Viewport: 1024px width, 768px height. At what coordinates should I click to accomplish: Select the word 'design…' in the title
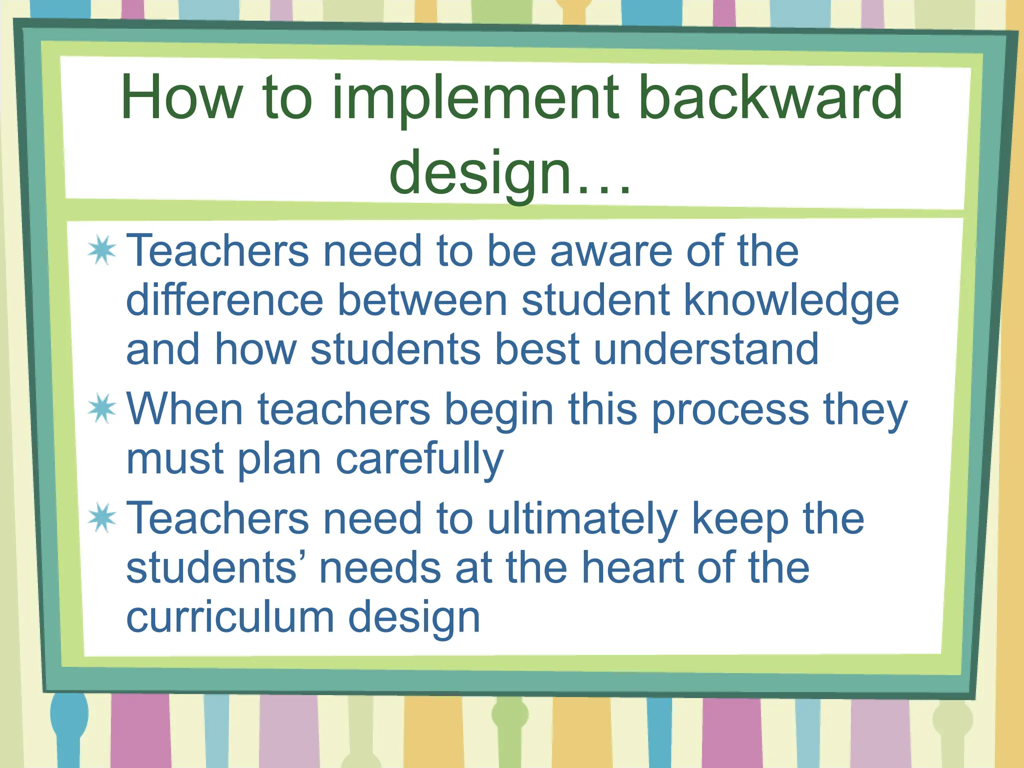pyautogui.click(x=510, y=172)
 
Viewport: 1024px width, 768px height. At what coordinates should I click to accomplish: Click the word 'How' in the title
pyautogui.click(x=181, y=97)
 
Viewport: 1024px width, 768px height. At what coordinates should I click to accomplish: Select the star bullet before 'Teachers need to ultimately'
pyautogui.click(x=102, y=517)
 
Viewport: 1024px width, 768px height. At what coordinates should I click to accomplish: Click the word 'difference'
pyautogui.click(x=225, y=300)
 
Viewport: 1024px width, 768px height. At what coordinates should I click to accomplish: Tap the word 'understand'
pyautogui.click(x=706, y=349)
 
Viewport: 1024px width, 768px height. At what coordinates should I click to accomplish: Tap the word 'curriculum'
pyautogui.click(x=230, y=616)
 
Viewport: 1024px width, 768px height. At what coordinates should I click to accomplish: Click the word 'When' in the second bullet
pyautogui.click(x=185, y=409)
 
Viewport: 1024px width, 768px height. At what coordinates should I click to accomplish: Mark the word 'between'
pyautogui.click(x=422, y=300)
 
